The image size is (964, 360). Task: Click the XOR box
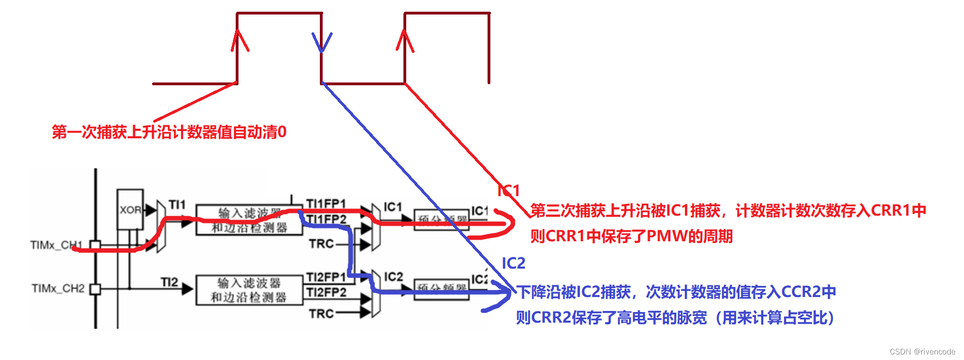[130, 210]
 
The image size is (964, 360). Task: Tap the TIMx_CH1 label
[56, 245]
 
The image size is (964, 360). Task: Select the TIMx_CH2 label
[58, 288]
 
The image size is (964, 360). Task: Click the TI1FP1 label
[326, 203]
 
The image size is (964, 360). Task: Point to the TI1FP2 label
[327, 220]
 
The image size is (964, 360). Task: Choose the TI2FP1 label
[326, 277]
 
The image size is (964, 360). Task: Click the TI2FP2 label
[326, 293]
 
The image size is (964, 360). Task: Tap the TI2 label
[169, 282]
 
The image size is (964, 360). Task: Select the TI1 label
[177, 205]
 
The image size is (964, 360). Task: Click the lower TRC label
[322, 314]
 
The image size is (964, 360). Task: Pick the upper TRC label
[322, 244]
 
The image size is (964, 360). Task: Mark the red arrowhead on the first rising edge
[240, 40]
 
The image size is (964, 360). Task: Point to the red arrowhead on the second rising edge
[405, 41]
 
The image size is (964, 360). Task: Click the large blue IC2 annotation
[513, 263]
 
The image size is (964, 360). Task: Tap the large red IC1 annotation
[508, 191]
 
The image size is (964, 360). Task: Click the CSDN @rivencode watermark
[922, 352]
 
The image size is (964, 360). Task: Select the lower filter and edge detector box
[249, 290]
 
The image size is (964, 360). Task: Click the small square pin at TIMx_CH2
[95, 289]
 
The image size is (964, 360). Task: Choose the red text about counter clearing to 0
[169, 132]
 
